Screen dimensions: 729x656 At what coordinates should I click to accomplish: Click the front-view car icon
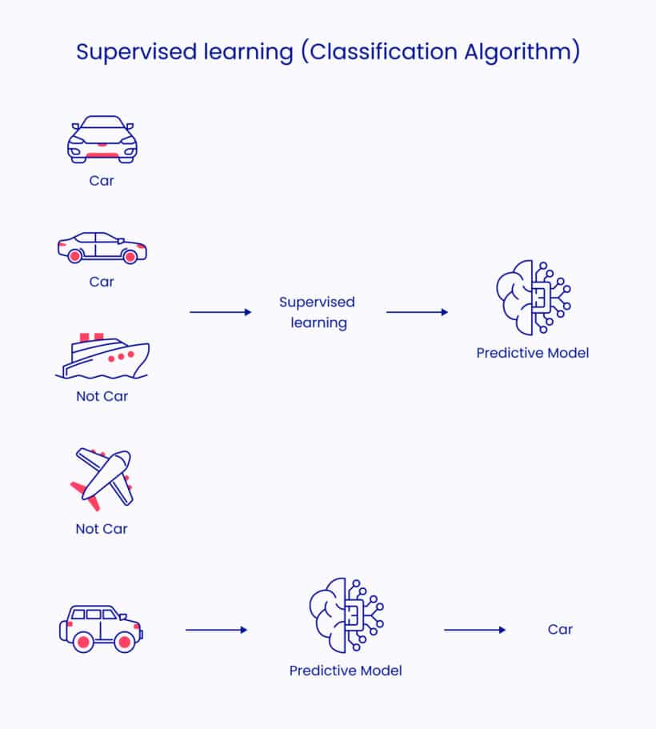point(102,140)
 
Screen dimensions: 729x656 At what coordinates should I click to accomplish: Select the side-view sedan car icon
point(102,247)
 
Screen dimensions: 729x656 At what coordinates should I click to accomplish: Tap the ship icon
point(102,356)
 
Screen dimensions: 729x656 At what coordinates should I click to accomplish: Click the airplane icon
point(102,479)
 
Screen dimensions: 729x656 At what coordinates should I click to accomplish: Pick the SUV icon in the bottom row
point(101,628)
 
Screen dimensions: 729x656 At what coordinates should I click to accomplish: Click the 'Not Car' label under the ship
point(102,396)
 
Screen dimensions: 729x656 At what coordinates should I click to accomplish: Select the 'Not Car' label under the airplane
point(102,529)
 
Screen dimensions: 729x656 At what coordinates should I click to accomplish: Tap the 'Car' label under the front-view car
point(102,181)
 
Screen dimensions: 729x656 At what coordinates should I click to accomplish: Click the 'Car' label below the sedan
point(102,282)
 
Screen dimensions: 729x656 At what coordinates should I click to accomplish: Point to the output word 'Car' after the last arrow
point(560,630)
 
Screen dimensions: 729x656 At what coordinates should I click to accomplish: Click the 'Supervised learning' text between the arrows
point(317,313)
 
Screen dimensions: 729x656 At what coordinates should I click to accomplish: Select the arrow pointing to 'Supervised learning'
point(220,312)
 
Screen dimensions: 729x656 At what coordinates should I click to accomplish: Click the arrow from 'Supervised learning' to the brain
point(417,312)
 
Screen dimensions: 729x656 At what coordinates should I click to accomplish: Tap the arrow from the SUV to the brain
point(216,630)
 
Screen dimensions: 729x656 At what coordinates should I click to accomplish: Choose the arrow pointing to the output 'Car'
point(474,630)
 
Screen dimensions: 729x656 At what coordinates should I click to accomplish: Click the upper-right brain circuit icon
point(532,297)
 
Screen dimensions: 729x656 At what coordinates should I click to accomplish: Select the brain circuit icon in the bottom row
point(346,615)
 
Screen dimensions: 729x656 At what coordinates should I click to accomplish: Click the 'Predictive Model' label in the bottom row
point(346,671)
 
